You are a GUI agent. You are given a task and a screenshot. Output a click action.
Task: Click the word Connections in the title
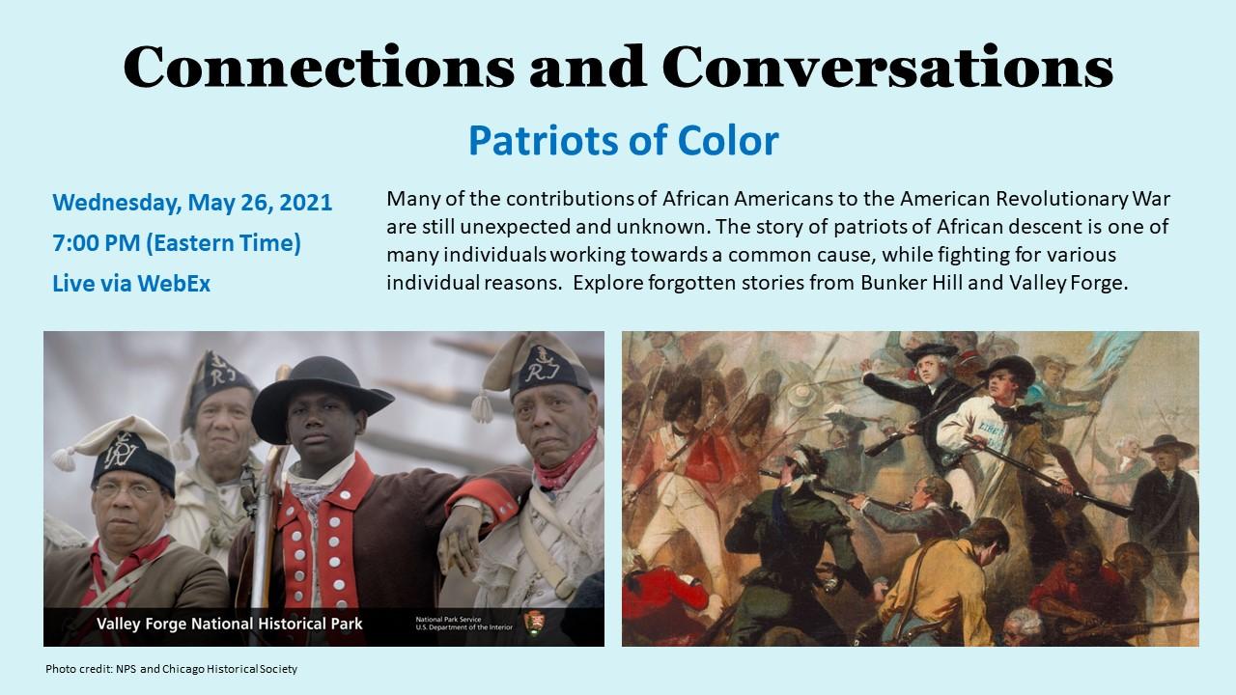click(x=319, y=67)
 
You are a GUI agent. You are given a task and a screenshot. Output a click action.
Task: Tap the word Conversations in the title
click(x=887, y=67)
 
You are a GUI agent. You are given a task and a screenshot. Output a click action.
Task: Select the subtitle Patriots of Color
click(x=624, y=141)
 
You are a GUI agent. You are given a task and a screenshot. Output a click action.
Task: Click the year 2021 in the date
click(x=306, y=203)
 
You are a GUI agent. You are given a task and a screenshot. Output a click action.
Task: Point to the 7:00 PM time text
click(x=96, y=243)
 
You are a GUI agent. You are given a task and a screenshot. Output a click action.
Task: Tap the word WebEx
click(x=174, y=284)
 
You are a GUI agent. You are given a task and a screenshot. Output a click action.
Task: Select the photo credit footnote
click(x=171, y=669)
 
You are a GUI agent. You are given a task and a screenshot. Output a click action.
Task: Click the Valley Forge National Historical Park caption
click(x=230, y=624)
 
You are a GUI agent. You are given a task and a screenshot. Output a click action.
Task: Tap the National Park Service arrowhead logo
click(x=532, y=624)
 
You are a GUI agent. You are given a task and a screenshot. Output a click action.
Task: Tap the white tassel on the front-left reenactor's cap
click(x=64, y=459)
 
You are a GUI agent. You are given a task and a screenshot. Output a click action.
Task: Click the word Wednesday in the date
click(x=117, y=203)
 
